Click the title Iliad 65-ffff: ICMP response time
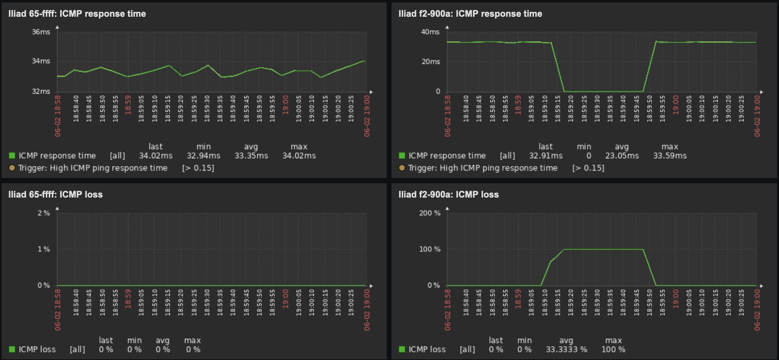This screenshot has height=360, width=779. (77, 14)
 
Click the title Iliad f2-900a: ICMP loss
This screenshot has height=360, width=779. (448, 195)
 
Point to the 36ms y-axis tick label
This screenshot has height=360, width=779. (41, 32)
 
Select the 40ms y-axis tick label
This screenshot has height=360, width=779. (430, 32)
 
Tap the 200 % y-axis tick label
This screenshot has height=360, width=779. (430, 213)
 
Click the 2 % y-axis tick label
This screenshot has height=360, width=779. (43, 213)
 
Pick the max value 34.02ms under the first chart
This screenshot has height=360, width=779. (299, 156)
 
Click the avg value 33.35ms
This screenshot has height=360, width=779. (251, 156)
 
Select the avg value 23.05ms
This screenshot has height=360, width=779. (622, 156)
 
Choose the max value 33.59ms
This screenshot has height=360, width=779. (670, 156)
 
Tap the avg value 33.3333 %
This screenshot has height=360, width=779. (566, 350)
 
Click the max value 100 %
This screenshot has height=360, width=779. (613, 350)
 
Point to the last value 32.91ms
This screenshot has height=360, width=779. (546, 156)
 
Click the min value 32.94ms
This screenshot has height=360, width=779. (203, 156)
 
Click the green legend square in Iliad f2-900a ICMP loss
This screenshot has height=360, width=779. (402, 349)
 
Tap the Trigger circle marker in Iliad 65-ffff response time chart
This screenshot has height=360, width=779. (12, 168)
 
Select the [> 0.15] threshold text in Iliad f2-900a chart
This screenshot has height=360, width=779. (588, 168)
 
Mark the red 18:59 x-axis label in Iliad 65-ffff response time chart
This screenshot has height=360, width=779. (128, 105)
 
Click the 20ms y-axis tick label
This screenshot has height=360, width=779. (431, 62)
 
